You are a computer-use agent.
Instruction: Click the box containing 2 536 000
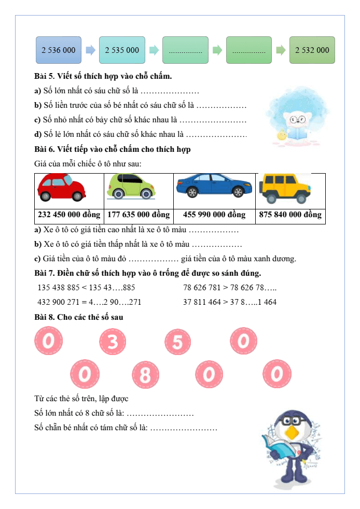pos(58,50)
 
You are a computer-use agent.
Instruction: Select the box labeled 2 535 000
pos(122,50)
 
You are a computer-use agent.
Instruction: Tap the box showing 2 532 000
pos(312,50)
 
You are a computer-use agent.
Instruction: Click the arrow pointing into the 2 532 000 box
pos(280,50)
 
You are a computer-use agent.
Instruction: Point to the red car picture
pos(62,188)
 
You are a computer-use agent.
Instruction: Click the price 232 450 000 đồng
pos(70,215)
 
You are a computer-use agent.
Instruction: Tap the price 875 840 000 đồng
pos(290,215)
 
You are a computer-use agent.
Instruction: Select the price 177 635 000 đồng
pos(139,215)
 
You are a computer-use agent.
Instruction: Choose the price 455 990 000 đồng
pos(214,215)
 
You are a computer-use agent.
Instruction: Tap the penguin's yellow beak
pos(294,432)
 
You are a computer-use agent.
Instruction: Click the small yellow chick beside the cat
pos(282,136)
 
